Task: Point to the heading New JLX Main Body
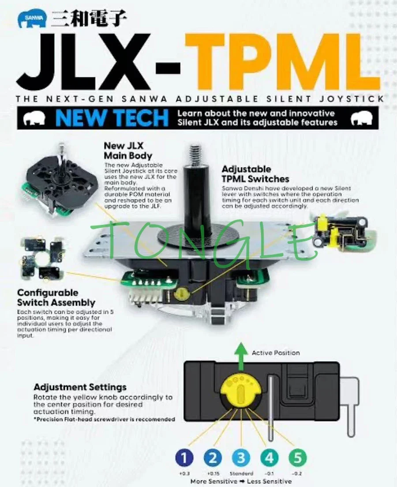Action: coord(128,150)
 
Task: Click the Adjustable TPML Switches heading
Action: coord(255,174)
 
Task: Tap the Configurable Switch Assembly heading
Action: coord(56,298)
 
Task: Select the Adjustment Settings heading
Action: coord(80,387)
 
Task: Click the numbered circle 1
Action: coord(185,457)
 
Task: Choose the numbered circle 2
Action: coord(213,457)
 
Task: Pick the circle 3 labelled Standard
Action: coord(241,457)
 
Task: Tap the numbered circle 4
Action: coord(269,457)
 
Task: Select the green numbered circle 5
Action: coord(297,457)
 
